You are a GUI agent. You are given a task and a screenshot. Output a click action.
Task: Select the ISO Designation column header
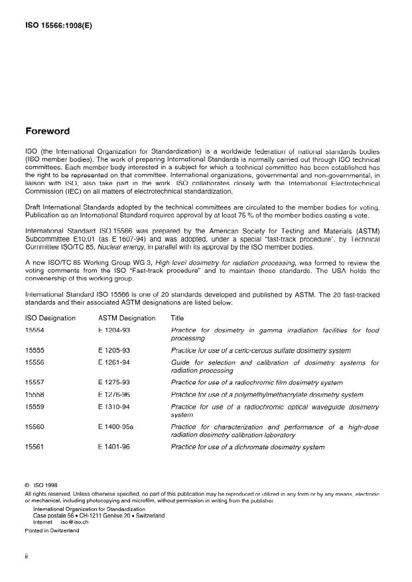click(x=50, y=318)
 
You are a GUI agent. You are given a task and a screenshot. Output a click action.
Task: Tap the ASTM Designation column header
click(x=127, y=318)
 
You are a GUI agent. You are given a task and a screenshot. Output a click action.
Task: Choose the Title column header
click(x=177, y=318)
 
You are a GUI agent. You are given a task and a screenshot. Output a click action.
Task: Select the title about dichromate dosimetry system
click(x=247, y=447)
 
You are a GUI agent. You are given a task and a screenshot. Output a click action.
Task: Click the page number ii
click(x=27, y=557)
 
